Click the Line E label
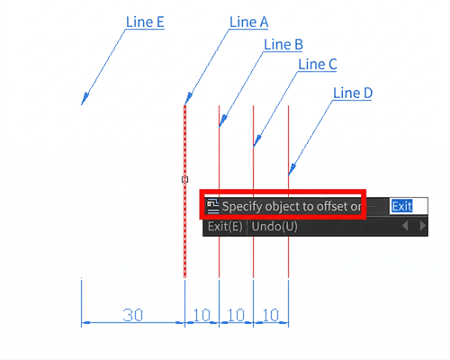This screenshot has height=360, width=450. pyautogui.click(x=145, y=22)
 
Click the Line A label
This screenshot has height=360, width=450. pyautogui.click(x=248, y=22)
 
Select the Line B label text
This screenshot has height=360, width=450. pyautogui.click(x=283, y=44)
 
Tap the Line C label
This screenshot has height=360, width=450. pyautogui.click(x=318, y=64)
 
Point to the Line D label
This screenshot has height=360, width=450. pyautogui.click(x=353, y=93)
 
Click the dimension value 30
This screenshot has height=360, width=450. pyautogui.click(x=132, y=315)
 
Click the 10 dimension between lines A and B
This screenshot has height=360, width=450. pyautogui.click(x=202, y=315)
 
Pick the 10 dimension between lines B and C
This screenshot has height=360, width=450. pyautogui.click(x=236, y=315)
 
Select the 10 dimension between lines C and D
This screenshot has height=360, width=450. pyautogui.click(x=271, y=315)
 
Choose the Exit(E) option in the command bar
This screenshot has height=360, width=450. pyautogui.click(x=225, y=227)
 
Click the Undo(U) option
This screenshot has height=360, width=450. pyautogui.click(x=274, y=227)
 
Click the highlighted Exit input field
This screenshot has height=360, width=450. pyautogui.click(x=409, y=206)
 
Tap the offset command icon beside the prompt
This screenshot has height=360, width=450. pyautogui.click(x=213, y=206)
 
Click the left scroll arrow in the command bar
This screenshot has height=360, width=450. pyautogui.click(x=405, y=226)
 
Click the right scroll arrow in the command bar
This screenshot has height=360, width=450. pyautogui.click(x=422, y=226)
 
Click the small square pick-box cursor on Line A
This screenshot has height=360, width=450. pyautogui.click(x=184, y=179)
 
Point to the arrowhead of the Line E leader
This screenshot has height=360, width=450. pyautogui.click(x=85, y=99)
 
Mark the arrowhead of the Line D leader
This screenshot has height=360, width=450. pyautogui.click(x=292, y=169)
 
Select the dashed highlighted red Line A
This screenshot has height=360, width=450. pyautogui.click(x=184, y=192)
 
